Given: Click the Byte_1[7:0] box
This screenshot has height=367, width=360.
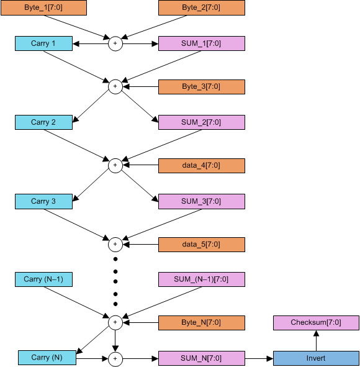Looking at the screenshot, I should tap(43, 8).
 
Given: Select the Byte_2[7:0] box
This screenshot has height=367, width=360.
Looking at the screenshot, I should tap(202, 8).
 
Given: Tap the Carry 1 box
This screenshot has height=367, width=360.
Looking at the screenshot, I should tap(43, 44).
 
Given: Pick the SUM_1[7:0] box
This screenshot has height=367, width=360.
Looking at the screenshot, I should tap(202, 44).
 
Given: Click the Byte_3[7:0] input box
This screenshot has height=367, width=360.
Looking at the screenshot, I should tap(202, 86).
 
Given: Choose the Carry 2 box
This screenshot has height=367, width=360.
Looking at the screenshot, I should tap(43, 122).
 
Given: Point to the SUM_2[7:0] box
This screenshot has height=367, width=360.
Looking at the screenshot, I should tap(202, 122).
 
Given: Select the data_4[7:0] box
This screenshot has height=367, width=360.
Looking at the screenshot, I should tap(202, 166).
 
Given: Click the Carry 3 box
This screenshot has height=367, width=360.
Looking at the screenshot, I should tap(43, 201).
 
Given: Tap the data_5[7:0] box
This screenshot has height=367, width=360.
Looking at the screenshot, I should tap(202, 245).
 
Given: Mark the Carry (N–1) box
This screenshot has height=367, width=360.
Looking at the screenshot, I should tap(43, 279).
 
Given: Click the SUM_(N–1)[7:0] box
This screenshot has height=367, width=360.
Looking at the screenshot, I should tap(202, 279).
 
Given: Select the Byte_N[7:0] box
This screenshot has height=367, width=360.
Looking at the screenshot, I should tap(202, 323).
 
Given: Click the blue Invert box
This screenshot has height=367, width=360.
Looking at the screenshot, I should tap(316, 358).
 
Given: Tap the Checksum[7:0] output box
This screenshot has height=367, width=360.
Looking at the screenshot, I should tap(316, 323).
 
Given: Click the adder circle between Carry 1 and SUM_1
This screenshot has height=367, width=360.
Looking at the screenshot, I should tap(115, 44).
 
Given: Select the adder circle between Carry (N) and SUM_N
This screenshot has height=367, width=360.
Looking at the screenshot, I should tap(115, 358).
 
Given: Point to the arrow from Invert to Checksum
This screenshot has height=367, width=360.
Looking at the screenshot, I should tap(316, 340).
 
